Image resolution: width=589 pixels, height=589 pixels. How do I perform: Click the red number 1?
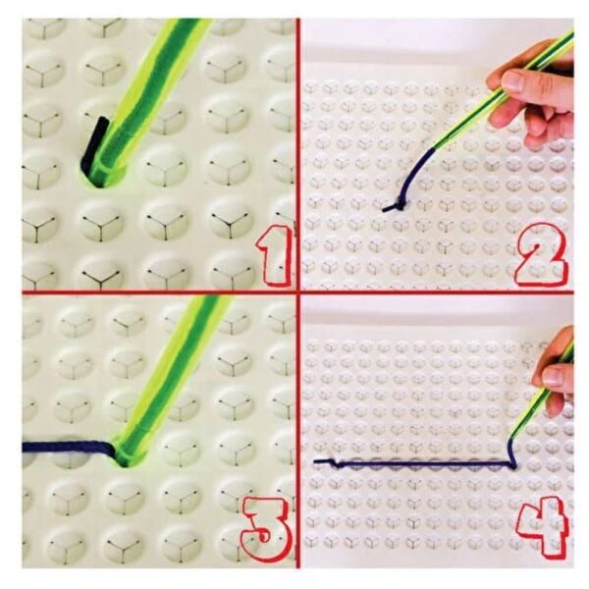pos(274,255)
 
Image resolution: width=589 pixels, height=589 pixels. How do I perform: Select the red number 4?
pos(541,526)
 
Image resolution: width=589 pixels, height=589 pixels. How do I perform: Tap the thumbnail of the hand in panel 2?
pos(513,81)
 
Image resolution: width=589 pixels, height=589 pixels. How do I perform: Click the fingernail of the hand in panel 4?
pos(555,376)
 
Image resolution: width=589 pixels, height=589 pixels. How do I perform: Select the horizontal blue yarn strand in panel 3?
pos(68,448)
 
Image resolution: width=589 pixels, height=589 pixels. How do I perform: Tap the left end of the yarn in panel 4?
pos(315,460)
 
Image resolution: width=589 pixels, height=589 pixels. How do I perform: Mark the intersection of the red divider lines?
pos(298,292)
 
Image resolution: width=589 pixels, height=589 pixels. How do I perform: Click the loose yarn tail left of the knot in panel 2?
pos(389,208)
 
